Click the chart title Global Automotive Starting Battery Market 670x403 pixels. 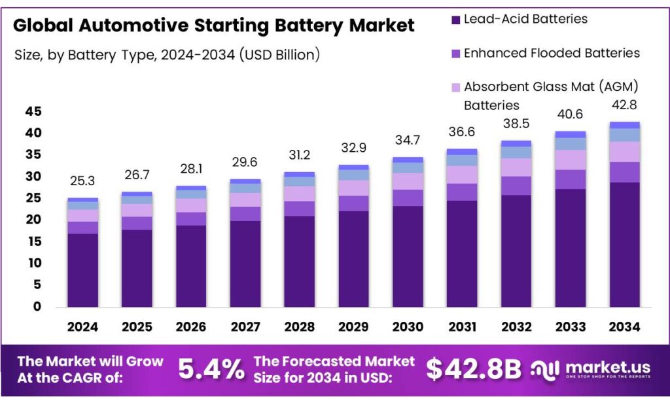click(x=213, y=26)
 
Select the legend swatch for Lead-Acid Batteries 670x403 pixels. click(x=455, y=20)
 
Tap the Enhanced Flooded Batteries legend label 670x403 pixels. click(x=552, y=53)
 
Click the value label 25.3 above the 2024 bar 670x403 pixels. click(x=82, y=181)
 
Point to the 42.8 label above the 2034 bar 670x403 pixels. click(x=624, y=105)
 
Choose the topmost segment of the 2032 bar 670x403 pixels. click(x=516, y=143)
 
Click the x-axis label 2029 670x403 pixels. click(x=353, y=326)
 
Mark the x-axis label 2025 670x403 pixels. click(x=137, y=326)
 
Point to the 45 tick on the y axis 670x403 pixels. click(x=33, y=112)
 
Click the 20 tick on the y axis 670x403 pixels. click(x=33, y=220)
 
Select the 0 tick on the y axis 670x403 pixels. click(x=37, y=306)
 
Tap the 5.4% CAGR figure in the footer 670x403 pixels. click(x=211, y=370)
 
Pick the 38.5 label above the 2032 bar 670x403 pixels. click(x=516, y=124)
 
